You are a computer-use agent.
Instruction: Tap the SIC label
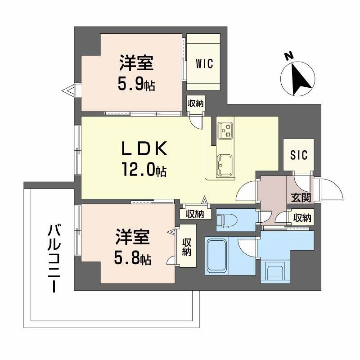pyautogui.click(x=298, y=155)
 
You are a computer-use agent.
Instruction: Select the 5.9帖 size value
pyautogui.click(x=136, y=84)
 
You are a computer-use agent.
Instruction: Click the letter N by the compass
pyautogui.click(x=288, y=56)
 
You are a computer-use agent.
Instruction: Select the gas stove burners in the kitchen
pyautogui.click(x=225, y=130)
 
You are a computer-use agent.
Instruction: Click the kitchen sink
pyautogui.click(x=225, y=165)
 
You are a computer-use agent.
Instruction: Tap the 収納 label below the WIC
pyautogui.click(x=195, y=103)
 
